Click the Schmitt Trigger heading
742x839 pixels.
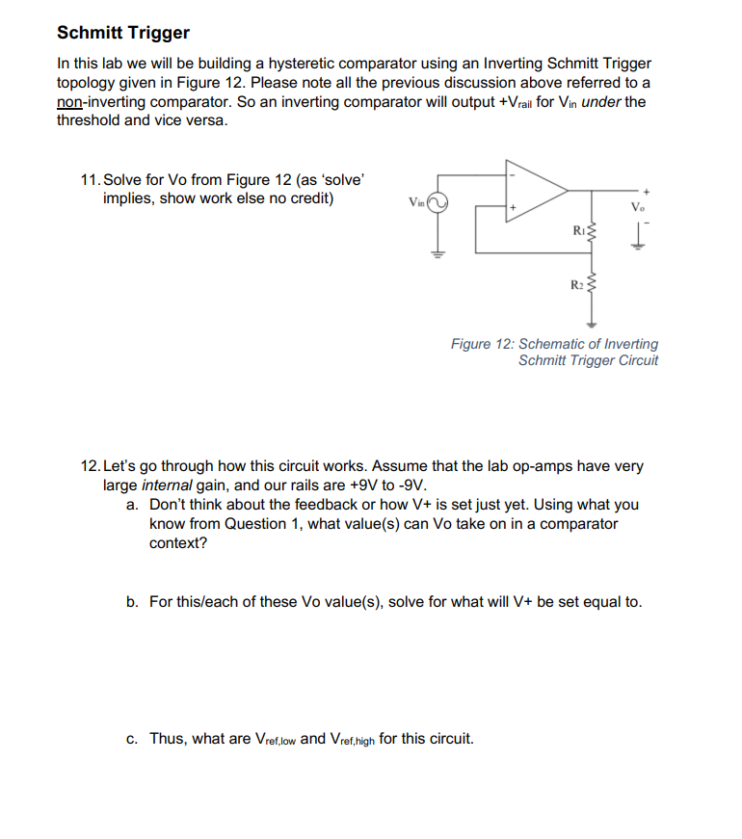[123, 33]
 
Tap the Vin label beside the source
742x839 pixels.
[415, 202]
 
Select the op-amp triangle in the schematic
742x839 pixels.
[536, 191]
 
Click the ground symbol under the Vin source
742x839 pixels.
[438, 254]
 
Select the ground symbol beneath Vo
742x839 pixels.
[635, 242]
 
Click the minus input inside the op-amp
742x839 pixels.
[514, 176]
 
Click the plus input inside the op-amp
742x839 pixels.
[514, 206]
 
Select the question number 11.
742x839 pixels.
[91, 180]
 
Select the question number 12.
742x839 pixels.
[91, 466]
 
